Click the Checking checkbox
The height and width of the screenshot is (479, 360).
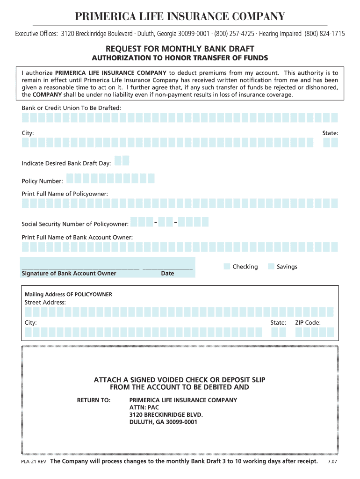tap(227, 267)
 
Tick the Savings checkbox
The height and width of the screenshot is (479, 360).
tap(271, 267)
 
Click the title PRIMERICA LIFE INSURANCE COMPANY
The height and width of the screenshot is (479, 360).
tap(180, 17)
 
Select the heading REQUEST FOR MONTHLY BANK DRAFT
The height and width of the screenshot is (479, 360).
tap(180, 49)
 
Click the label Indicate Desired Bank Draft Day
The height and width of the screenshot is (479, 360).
tap(66, 163)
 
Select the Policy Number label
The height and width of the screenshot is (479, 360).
tap(43, 181)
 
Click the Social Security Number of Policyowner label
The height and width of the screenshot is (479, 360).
tap(75, 224)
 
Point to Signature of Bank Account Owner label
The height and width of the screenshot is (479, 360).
tap(69, 273)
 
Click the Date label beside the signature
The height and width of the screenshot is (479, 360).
tap(167, 273)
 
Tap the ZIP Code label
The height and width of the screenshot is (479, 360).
tap(308, 323)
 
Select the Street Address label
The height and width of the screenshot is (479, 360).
tap(45, 302)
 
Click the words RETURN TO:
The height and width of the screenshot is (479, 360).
tap(94, 400)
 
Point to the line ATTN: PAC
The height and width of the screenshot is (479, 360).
tap(144, 407)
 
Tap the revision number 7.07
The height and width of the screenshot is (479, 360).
tap(333, 462)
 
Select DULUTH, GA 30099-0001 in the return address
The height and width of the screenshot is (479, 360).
tap(163, 422)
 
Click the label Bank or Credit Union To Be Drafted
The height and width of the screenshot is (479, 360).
tap(72, 108)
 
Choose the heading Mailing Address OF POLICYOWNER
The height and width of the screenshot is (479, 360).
tap(68, 294)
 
